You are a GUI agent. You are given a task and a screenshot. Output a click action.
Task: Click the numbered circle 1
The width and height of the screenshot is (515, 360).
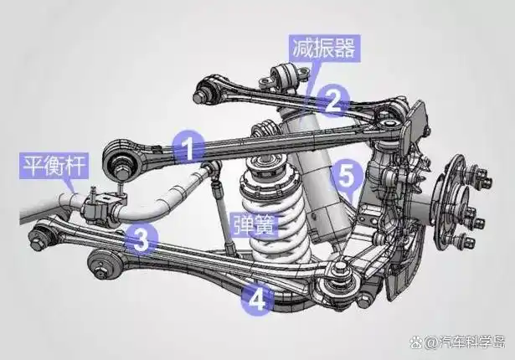coord(189,149)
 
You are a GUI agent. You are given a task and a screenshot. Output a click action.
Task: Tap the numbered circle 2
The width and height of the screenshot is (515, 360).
coord(333,100)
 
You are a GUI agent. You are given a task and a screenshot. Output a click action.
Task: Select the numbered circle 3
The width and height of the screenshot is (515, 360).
coord(142,240)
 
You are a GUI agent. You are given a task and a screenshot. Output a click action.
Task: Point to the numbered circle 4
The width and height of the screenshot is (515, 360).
coord(257,299)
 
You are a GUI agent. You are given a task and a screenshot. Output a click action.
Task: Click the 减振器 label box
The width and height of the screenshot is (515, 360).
coord(324,49)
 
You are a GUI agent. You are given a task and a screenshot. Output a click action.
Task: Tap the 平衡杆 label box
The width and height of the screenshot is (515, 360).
coord(54,166)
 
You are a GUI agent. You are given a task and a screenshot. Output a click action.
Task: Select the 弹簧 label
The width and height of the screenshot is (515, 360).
coord(255,225)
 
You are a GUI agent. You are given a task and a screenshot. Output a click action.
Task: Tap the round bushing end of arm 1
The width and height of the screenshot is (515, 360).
coord(121,160)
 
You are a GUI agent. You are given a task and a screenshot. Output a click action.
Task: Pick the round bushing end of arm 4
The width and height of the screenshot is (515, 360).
coord(104,265)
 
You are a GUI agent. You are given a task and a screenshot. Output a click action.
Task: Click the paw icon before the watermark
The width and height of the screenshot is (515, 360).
coord(416,342)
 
